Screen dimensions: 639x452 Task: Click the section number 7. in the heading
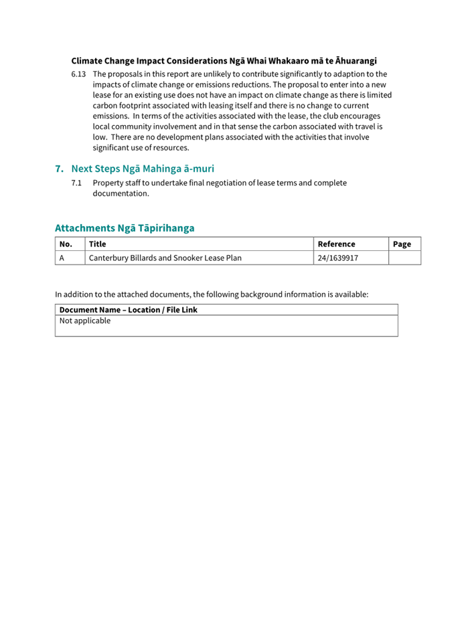60,169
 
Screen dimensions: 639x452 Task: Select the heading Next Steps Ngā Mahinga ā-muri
143,169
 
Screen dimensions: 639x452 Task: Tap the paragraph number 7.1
77,183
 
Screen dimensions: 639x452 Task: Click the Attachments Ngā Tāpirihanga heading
125,228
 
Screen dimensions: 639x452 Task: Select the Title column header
98,244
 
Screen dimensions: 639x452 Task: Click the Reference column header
336,244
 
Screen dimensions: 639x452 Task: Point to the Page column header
402,244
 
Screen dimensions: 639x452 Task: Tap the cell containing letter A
62,258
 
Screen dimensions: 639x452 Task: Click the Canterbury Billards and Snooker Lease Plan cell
165,258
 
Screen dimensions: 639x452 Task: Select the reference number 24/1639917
338,258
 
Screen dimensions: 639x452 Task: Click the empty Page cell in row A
404,258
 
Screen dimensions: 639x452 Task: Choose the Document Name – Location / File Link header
129,310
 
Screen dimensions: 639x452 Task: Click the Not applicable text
85,321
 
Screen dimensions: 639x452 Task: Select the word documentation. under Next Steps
121,193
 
